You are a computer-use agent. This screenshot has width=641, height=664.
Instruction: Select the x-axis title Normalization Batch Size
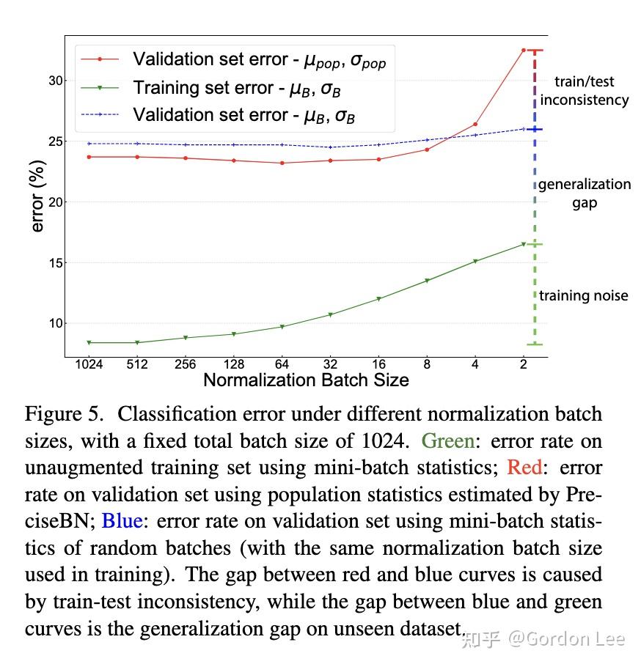point(306,380)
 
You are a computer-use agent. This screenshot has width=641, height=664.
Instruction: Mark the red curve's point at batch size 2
point(524,50)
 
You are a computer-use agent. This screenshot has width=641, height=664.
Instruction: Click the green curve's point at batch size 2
point(524,244)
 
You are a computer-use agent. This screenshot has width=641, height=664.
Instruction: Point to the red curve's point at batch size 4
point(475,124)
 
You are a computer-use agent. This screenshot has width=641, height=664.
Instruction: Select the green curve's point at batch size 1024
point(89,342)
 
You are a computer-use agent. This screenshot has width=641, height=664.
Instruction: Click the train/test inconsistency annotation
point(585,91)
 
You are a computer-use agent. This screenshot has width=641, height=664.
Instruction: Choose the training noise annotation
point(584,295)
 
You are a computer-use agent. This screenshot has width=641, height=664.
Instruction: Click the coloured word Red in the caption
point(524,467)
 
